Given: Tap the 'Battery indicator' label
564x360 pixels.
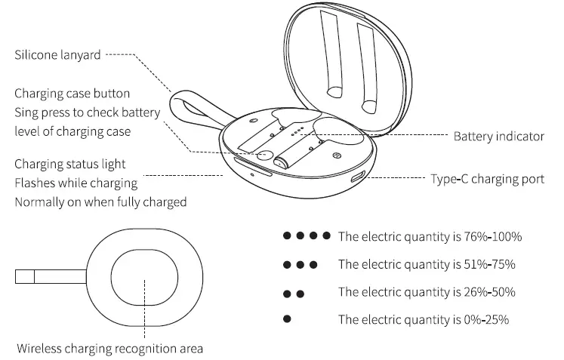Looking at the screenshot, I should tap(498, 136).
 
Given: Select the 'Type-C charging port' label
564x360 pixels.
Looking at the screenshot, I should tap(487, 179).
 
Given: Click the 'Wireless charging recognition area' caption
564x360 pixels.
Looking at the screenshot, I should tap(109, 348).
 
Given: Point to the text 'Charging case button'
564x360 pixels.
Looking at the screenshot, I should tap(72, 94).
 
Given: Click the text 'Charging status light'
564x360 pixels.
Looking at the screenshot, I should tap(69, 164).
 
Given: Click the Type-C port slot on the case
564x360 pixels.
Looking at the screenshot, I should tap(356, 180).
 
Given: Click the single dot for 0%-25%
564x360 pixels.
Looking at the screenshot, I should tap(286, 319).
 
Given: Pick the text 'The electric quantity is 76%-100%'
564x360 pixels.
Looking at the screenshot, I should tap(430, 237).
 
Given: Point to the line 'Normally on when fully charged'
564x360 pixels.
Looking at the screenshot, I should tap(100, 202).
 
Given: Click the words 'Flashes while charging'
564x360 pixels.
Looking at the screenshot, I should tap(76, 183).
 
